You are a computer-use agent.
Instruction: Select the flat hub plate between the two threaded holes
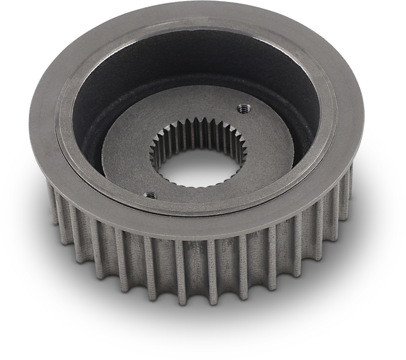point(127,162)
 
